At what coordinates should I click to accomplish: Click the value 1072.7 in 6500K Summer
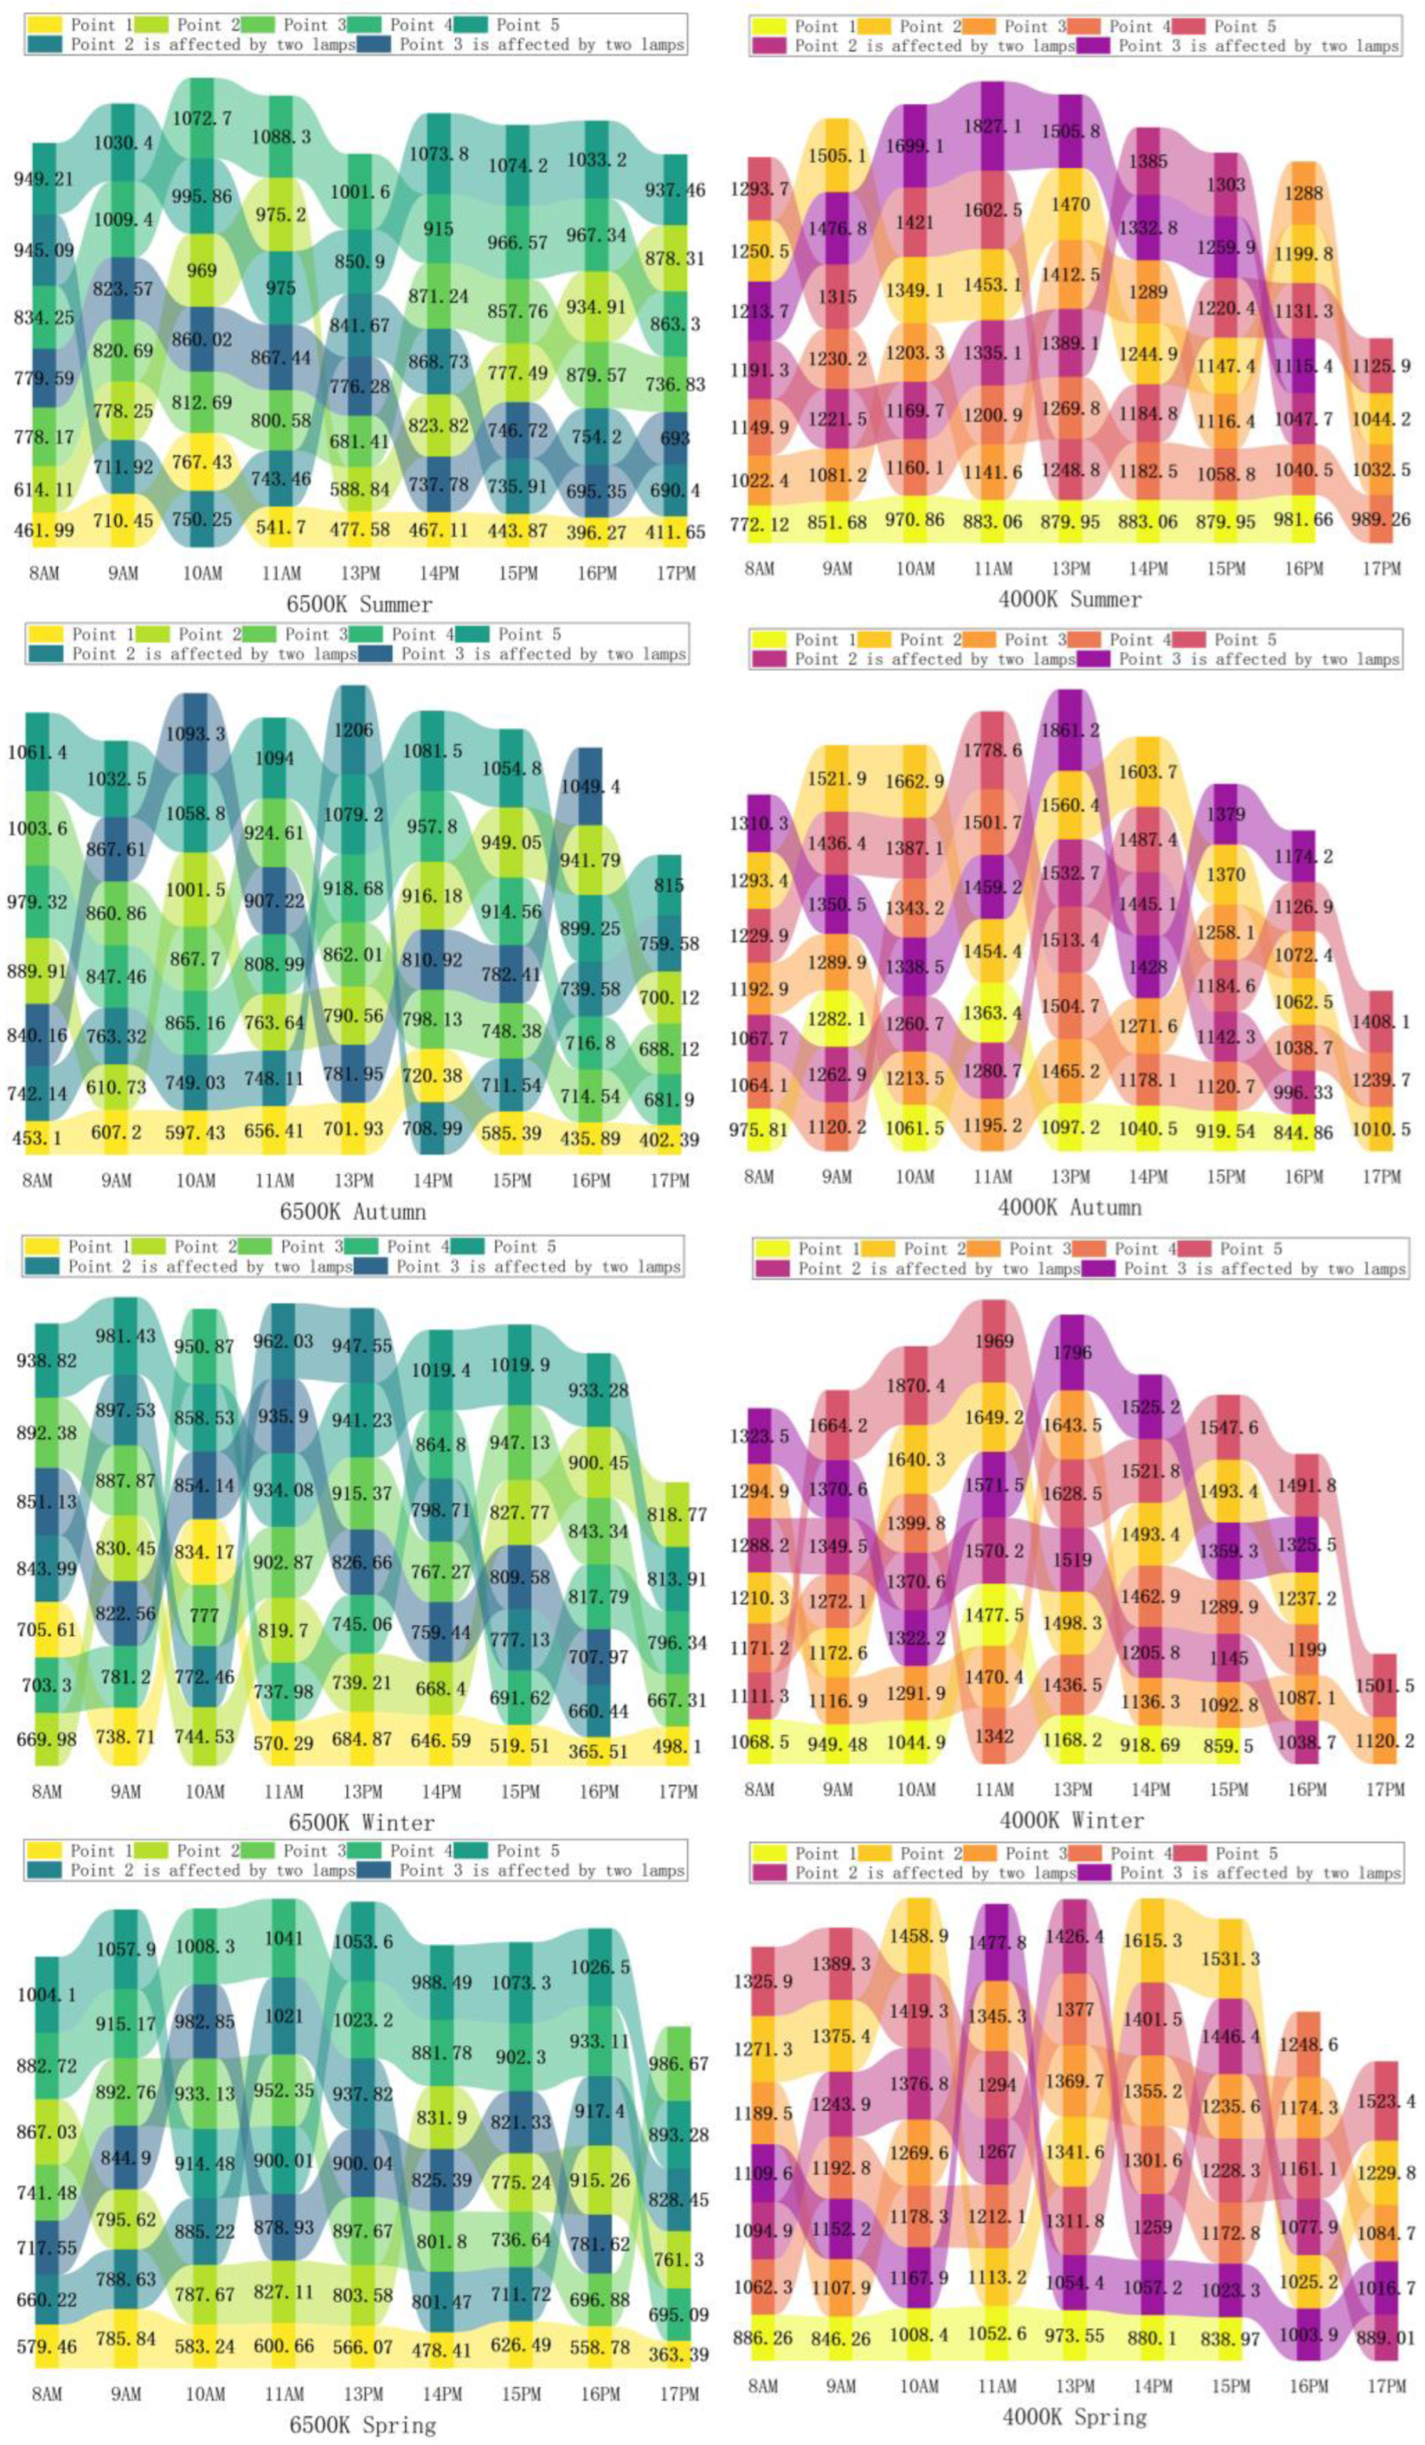202,118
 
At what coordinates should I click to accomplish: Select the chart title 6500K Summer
359,604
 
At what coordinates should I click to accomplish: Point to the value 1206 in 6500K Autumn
353,729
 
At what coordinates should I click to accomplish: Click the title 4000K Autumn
1069,1208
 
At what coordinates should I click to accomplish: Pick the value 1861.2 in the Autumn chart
1071,729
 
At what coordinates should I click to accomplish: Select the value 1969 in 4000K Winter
994,1342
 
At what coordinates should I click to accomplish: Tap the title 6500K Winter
361,1822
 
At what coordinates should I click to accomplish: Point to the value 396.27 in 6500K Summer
597,532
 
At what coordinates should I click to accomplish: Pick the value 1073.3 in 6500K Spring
521,1983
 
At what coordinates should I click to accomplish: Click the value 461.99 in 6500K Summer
44,530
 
